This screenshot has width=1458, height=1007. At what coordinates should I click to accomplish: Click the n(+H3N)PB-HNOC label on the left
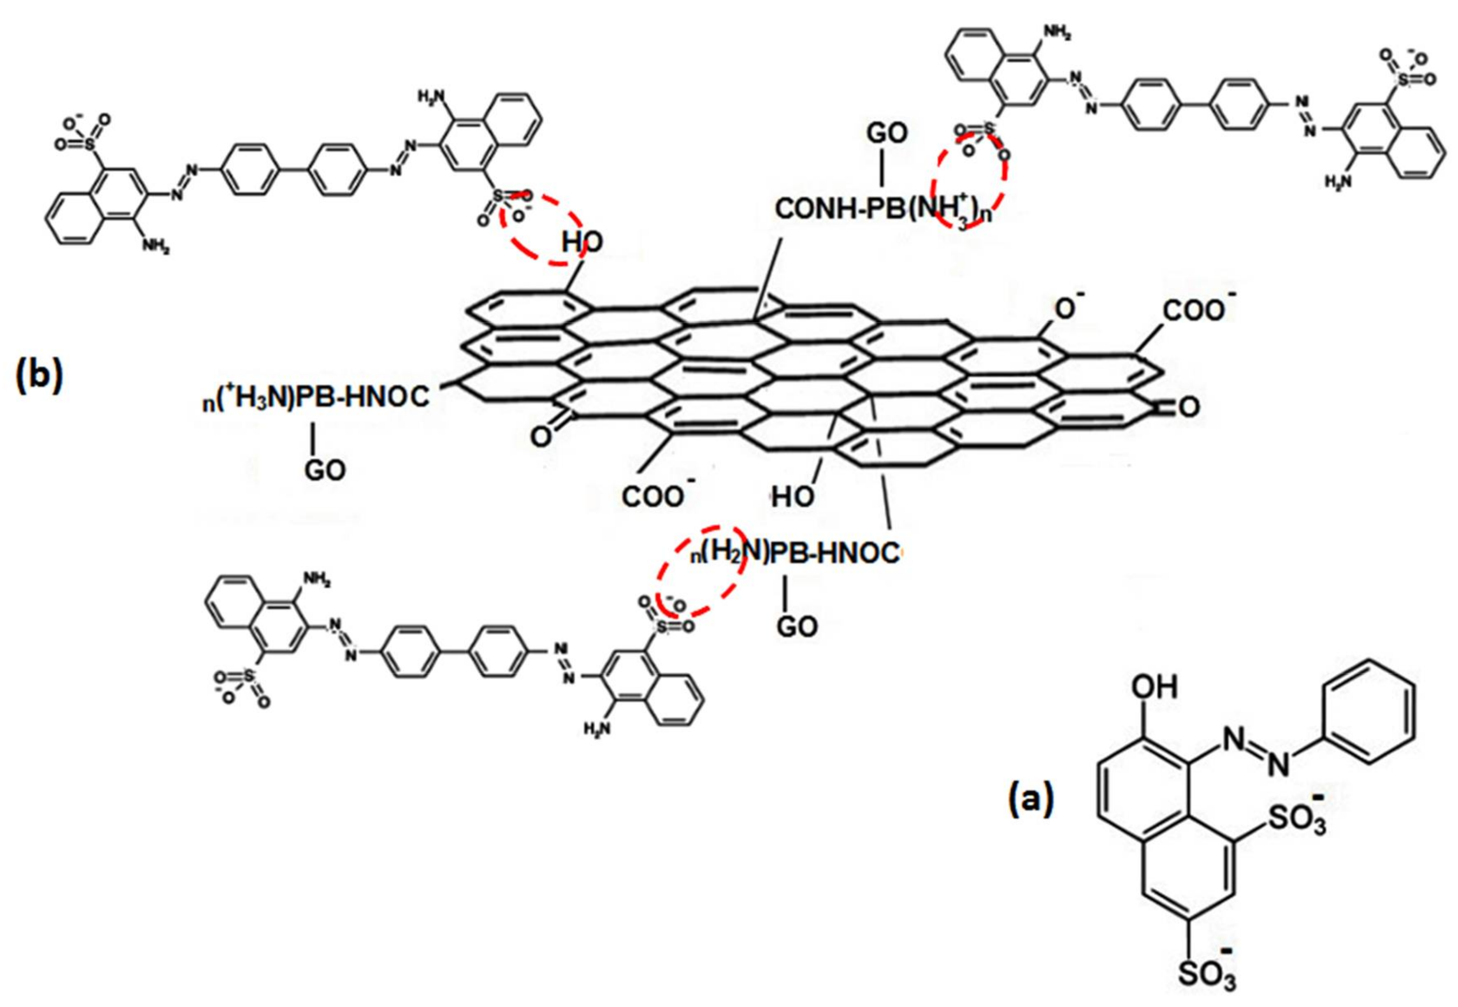pos(316,397)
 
